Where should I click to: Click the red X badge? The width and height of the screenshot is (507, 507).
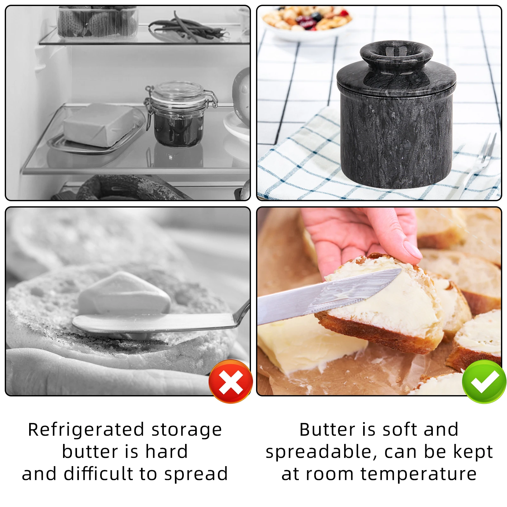[231, 381]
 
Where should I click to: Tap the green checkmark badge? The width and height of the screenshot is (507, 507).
[484, 381]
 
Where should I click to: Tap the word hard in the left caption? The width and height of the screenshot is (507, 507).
[167, 452]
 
